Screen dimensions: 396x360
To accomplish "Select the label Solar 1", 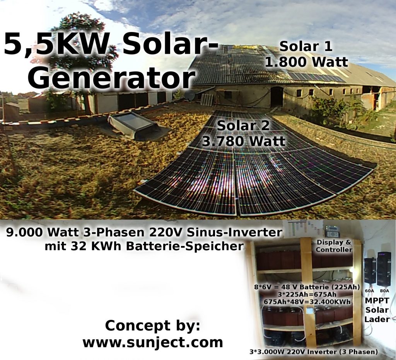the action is pos(306,46).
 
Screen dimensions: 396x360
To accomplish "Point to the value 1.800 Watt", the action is pos(306,62).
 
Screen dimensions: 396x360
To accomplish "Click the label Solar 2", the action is pos(243,126).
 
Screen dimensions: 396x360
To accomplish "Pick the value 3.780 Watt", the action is pos(244,141).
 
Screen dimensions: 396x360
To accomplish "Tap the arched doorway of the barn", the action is pos(277,96).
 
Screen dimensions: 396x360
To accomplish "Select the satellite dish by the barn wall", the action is pos(189,95).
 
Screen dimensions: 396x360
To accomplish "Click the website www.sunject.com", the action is pos(153,342).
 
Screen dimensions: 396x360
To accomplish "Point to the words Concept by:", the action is pos(152,326).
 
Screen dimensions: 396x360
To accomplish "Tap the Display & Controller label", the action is pos(334,246).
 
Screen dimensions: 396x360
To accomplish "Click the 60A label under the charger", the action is pos(370,290).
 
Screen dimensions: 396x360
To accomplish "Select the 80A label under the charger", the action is pos(384,290).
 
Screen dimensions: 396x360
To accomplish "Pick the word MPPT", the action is pos(377,301).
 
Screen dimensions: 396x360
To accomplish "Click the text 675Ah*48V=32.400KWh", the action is pos(307,302).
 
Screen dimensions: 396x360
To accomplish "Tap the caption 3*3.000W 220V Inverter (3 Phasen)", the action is pos(314,352).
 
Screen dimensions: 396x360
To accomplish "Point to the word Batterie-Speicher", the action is pos(184,246).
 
